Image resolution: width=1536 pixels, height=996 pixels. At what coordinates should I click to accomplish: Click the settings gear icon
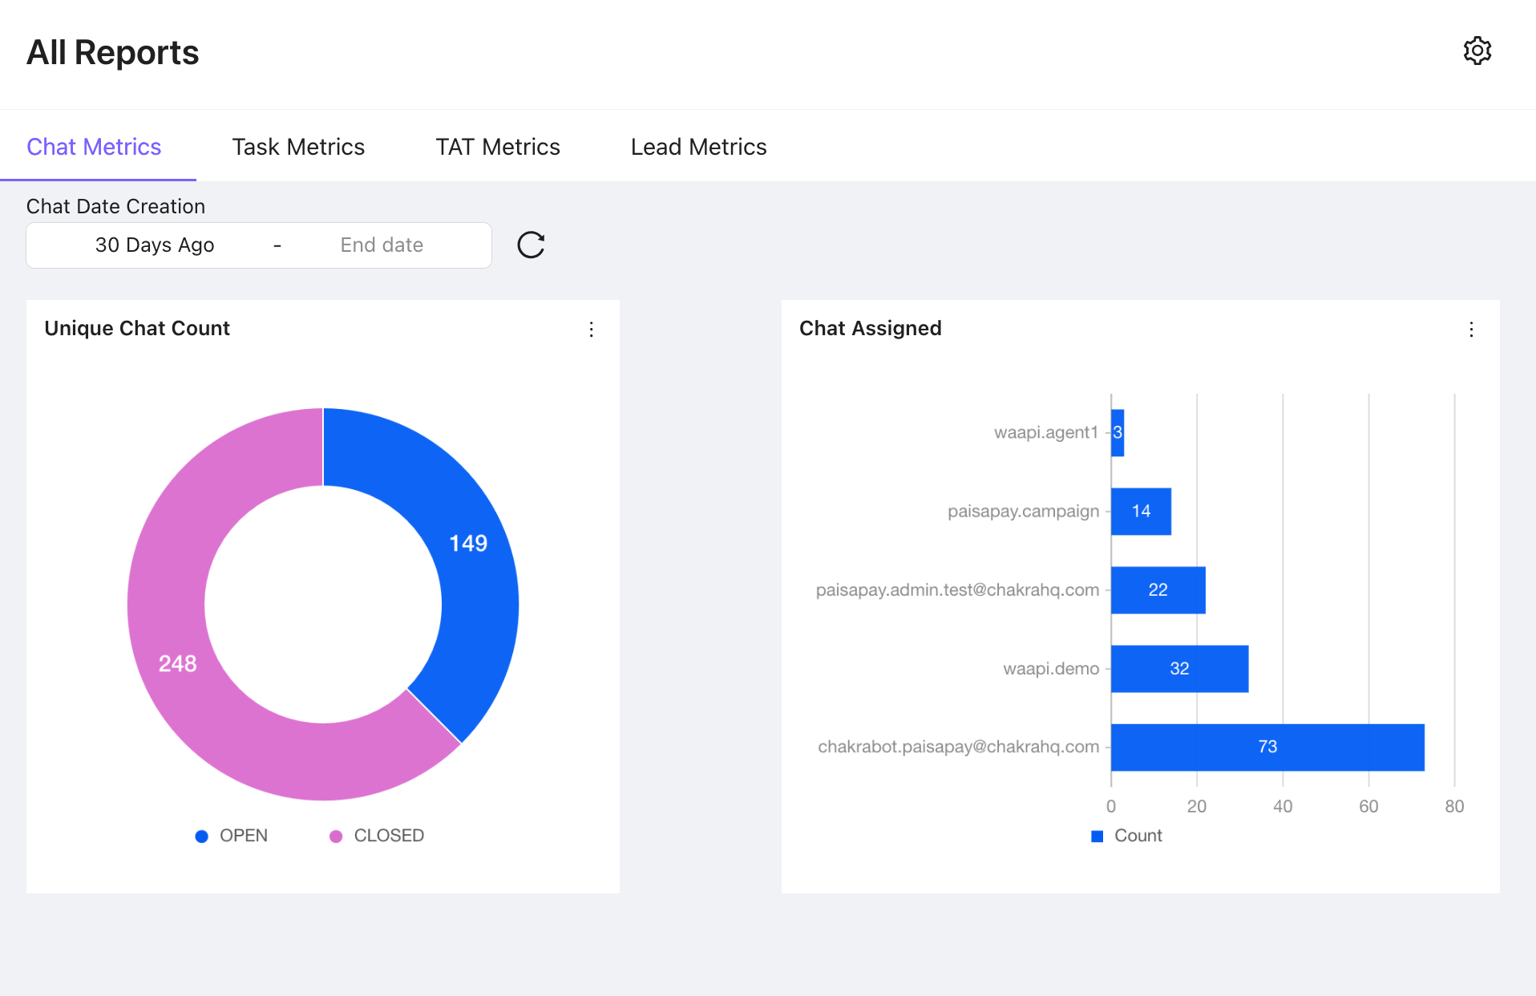point(1477,51)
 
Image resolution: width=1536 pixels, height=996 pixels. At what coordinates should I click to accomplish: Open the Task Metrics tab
point(298,147)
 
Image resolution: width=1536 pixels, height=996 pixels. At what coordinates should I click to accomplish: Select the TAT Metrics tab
point(497,147)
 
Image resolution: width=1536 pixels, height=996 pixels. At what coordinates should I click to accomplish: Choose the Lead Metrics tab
point(698,147)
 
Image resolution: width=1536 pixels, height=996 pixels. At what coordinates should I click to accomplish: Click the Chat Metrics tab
point(94,147)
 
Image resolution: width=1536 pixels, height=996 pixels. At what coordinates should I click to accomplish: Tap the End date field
point(382,245)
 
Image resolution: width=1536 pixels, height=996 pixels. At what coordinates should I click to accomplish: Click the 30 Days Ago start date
point(155,245)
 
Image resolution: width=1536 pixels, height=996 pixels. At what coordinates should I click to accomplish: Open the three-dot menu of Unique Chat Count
point(592,330)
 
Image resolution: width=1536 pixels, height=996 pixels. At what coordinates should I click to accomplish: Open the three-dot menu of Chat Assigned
point(1471,330)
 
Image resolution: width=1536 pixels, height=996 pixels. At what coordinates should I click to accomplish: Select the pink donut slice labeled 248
point(177,664)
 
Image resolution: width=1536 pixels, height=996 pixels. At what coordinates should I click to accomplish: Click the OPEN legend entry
point(232,836)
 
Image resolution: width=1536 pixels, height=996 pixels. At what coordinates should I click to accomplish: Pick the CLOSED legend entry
point(377,836)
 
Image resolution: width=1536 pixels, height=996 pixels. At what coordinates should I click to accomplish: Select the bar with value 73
point(1267,747)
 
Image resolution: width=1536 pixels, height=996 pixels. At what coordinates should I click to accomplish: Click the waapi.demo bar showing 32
point(1178,669)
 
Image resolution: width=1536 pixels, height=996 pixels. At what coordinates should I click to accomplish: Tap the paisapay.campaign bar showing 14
point(1141,512)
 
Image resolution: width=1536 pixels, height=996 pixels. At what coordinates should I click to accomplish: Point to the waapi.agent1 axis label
point(1045,433)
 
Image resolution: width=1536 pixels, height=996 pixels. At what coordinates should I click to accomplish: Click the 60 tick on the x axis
point(1368,807)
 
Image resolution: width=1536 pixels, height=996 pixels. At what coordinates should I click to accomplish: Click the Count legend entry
point(1127,836)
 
